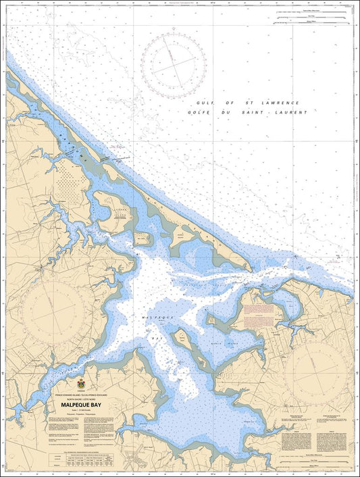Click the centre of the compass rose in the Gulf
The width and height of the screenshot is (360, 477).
pos(174,66)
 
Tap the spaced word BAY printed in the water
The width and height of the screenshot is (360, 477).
pos(158,334)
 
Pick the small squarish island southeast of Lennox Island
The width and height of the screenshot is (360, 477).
pos(142,238)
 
